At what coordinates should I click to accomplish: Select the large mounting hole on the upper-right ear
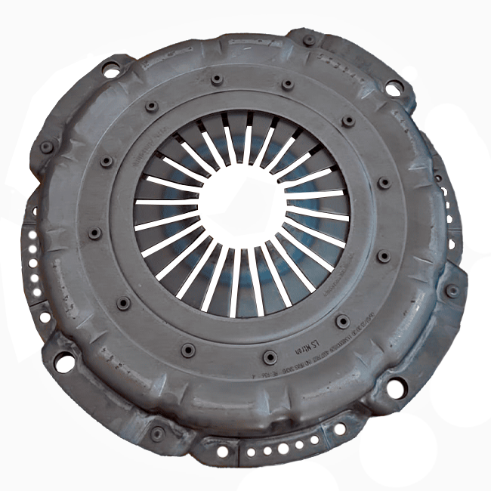click(x=394, y=88)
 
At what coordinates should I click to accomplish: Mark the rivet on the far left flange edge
click(x=47, y=147)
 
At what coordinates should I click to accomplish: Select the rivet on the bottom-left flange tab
click(x=157, y=434)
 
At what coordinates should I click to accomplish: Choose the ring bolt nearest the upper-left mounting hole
click(x=152, y=106)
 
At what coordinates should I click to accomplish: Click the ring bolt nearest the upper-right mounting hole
click(x=348, y=121)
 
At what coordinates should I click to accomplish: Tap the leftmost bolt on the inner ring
click(x=94, y=233)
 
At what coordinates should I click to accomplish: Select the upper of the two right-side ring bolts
click(x=384, y=183)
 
